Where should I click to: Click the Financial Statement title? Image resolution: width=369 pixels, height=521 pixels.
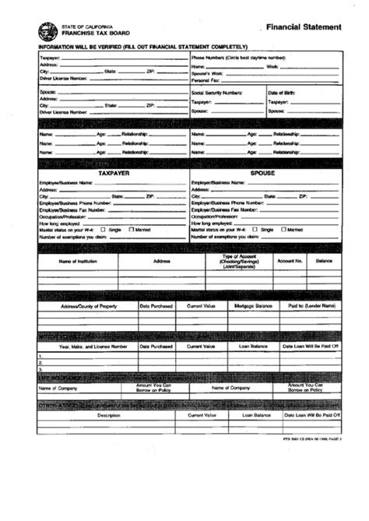point(303,26)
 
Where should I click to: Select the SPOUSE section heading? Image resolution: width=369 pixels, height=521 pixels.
point(262,174)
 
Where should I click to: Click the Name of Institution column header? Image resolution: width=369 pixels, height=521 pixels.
point(78,261)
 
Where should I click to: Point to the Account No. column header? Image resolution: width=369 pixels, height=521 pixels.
point(290,261)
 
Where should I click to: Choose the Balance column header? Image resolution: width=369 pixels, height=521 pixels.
point(323,261)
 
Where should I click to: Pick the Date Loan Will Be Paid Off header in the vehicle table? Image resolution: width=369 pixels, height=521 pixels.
point(310,346)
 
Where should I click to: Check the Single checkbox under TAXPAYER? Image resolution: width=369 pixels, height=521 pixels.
point(104,230)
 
